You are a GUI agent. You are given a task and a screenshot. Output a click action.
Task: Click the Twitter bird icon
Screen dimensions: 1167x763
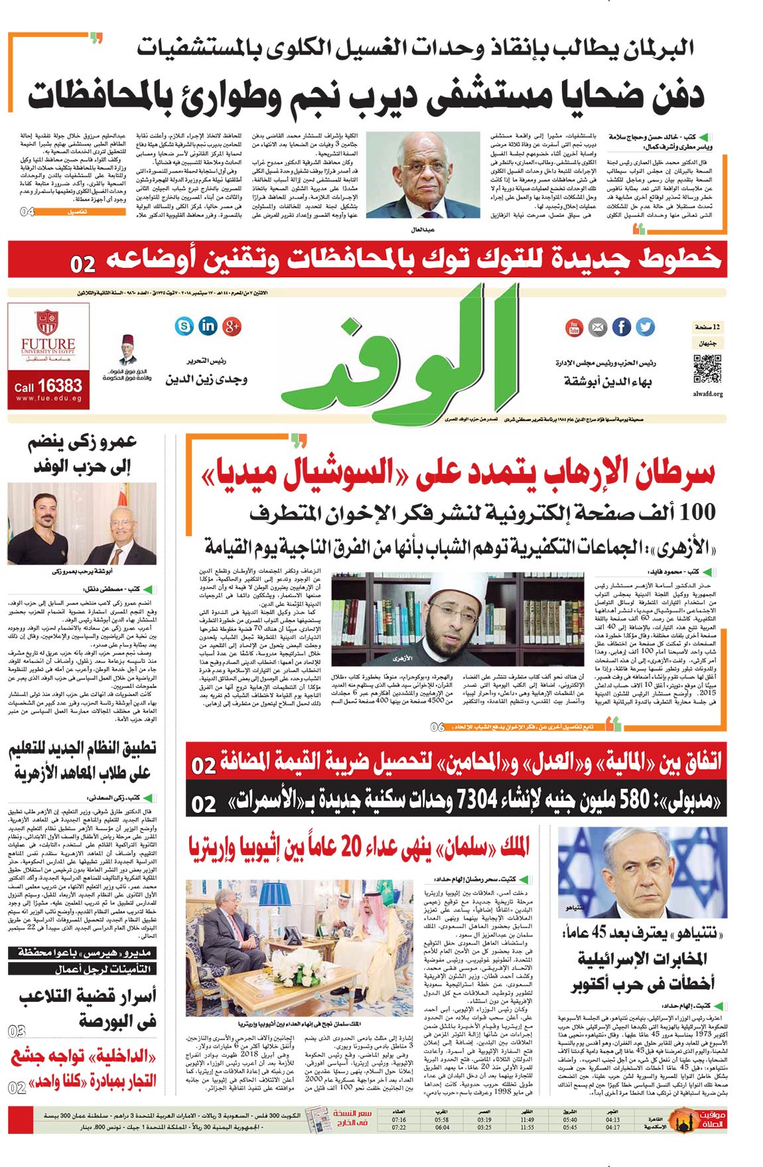(645, 327)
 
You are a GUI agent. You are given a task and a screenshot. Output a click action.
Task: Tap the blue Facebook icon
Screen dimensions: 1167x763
(622, 327)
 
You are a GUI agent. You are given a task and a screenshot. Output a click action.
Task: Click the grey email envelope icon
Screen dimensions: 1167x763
(598, 327)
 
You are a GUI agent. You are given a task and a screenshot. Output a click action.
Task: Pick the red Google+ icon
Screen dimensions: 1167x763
(232, 326)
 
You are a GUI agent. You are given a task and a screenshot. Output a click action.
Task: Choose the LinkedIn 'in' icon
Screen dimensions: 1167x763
(208, 326)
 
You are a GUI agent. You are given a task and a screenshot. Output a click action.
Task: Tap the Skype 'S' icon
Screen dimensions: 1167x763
(184, 326)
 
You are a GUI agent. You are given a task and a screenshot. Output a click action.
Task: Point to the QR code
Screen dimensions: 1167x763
(707, 369)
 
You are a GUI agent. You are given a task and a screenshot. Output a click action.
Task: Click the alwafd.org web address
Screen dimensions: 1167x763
(707, 394)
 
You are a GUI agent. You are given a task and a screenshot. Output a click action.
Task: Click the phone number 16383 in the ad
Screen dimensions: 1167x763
(60, 385)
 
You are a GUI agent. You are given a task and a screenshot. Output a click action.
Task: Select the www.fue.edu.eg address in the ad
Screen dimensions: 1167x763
(48, 399)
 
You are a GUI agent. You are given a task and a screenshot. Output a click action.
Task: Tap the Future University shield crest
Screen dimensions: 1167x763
(47, 322)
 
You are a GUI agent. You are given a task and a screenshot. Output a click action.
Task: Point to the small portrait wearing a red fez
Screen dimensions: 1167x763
(128, 350)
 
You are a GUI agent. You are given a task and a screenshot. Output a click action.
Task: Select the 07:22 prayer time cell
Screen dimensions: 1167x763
(399, 1128)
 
